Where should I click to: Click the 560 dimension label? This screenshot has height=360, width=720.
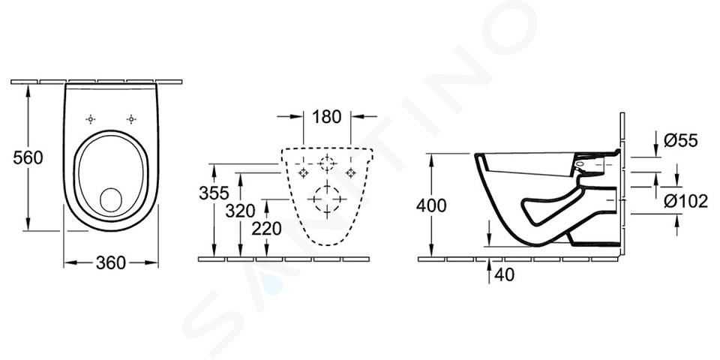pos(28,158)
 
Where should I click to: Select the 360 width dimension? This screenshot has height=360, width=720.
pos(111,262)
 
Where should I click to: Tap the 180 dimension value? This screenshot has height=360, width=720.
pos(326,117)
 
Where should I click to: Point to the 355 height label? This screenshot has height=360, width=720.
pos(214,193)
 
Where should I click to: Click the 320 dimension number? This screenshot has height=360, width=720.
pos(240,211)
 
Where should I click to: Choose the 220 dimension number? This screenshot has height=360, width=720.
pos(266,228)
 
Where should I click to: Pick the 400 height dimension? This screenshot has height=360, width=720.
pos(431,205)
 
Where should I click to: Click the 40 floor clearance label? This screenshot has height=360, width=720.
pos(504,274)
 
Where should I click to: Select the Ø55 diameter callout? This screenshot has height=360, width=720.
pos(680,140)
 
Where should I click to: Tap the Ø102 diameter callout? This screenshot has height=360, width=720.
pos(685,201)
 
